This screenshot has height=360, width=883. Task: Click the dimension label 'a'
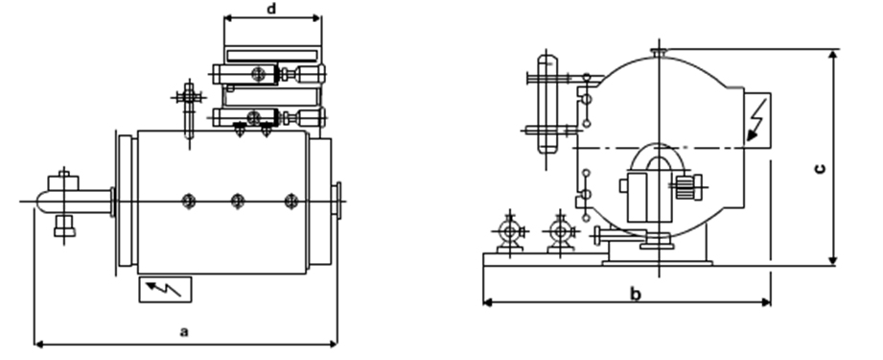pyautogui.click(x=184, y=332)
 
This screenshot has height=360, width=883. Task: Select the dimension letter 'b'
pyautogui.click(x=636, y=294)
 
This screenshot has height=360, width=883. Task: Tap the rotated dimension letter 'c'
pyautogui.click(x=820, y=168)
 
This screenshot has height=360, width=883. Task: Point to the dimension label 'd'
pyautogui.click(x=271, y=9)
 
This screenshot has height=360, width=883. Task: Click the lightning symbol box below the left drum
pyautogui.click(x=165, y=290)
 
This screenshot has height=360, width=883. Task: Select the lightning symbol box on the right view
pyautogui.click(x=757, y=120)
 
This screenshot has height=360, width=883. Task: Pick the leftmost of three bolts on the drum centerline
pyautogui.click(x=189, y=201)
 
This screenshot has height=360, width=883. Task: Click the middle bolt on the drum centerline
pyautogui.click(x=238, y=201)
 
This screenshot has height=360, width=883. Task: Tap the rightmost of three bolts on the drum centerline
pyautogui.click(x=291, y=201)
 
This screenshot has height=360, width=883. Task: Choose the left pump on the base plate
pyautogui.click(x=510, y=231)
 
